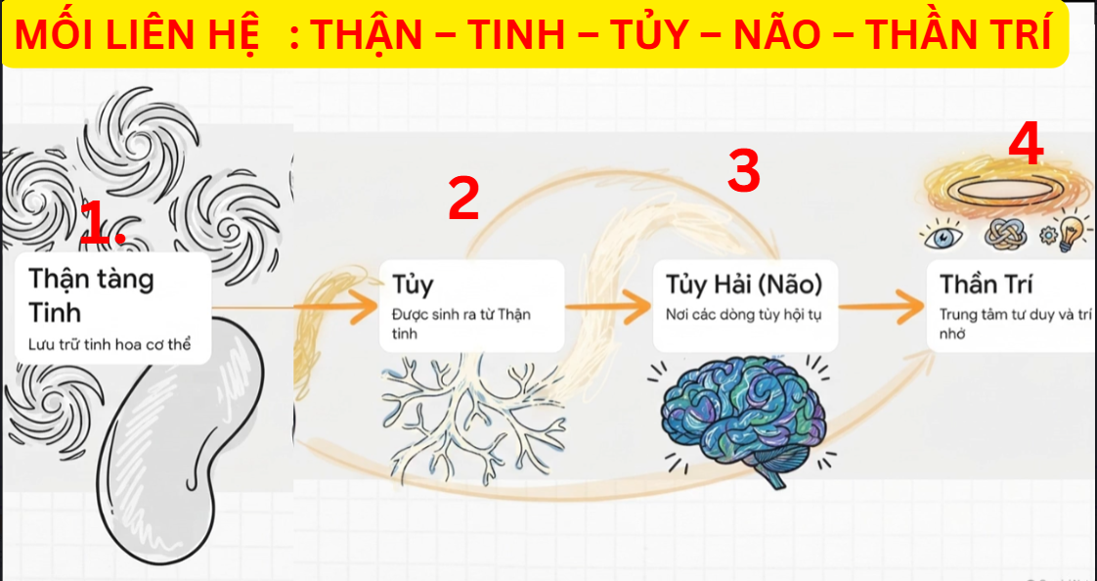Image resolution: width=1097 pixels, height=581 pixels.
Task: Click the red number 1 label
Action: pyautogui.click(x=103, y=223)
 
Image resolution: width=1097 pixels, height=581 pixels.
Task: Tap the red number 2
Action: pyautogui.click(x=463, y=198)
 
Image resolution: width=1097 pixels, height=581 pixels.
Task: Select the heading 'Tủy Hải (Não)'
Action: pyautogui.click(x=743, y=285)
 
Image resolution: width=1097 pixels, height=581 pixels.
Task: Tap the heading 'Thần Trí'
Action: pyautogui.click(x=986, y=285)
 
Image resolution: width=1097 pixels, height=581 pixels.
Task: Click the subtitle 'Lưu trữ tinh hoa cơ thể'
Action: pyautogui.click(x=110, y=344)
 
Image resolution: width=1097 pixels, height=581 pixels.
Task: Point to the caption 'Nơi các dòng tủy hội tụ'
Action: pyautogui.click(x=743, y=314)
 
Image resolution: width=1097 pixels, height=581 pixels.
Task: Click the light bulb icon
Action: pyautogui.click(x=1072, y=230)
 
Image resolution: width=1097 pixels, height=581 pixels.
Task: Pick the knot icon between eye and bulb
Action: pyautogui.click(x=1005, y=234)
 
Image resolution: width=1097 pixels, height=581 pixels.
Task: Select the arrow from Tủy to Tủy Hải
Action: pyautogui.click(x=607, y=306)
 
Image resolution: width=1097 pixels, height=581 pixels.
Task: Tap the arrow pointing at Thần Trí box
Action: pyautogui.click(x=881, y=306)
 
